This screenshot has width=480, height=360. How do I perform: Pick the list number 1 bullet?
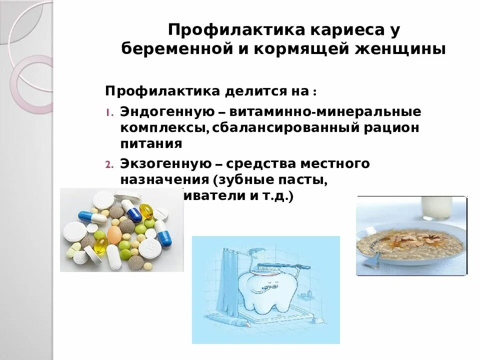coord(109,111)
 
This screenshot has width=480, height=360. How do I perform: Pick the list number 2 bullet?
coord(109,164)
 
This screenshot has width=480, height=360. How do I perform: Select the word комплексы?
coord(163,127)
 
